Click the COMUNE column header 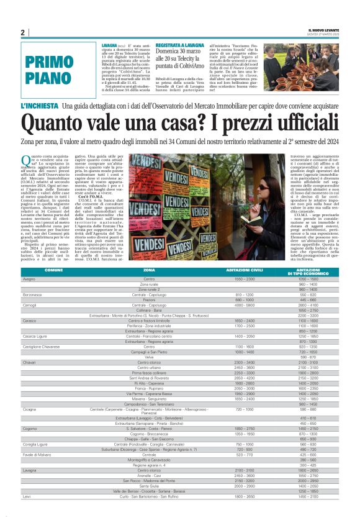(x=54, y=271)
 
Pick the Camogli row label (x=30, y=306)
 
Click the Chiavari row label (x=30, y=362)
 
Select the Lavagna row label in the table (x=30, y=488)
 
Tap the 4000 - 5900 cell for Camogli (x=227, y=306)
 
